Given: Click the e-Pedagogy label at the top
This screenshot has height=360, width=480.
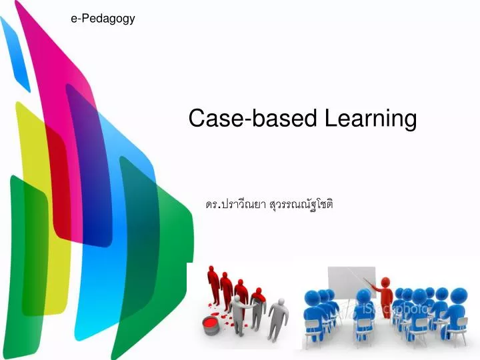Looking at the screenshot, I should point(103,19).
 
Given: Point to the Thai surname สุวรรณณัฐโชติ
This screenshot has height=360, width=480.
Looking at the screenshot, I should point(301,205).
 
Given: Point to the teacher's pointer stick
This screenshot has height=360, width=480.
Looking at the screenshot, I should point(365,278).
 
